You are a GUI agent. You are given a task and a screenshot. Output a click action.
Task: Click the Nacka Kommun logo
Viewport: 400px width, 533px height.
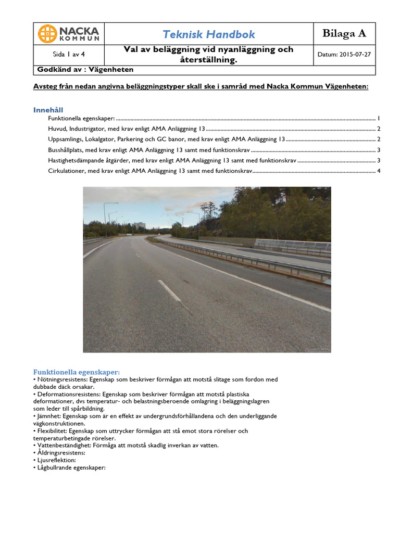(68, 34)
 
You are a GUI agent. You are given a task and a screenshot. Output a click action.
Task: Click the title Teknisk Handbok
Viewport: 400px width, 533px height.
(209, 34)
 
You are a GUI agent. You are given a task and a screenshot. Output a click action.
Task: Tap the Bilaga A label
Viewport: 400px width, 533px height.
(344, 34)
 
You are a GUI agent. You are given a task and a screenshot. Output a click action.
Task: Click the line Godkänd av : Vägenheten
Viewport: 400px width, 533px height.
(85, 69)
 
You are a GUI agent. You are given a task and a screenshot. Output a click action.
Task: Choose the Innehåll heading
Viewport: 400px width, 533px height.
(48, 110)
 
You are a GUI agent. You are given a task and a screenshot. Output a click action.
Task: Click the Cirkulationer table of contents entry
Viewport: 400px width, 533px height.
(150, 171)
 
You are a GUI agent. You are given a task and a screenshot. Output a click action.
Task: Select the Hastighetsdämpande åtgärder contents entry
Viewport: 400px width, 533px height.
(172, 160)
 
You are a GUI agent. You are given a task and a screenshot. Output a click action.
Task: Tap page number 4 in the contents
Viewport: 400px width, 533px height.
(379, 171)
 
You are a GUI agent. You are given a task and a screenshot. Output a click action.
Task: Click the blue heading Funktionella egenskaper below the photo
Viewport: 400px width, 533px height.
(77, 372)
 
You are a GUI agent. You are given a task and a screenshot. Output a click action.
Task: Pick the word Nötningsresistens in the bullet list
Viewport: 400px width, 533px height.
(61, 379)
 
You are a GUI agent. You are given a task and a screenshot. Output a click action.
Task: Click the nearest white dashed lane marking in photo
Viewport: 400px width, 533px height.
(169, 290)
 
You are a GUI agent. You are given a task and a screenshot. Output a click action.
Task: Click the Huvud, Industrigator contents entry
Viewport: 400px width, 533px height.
(127, 129)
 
